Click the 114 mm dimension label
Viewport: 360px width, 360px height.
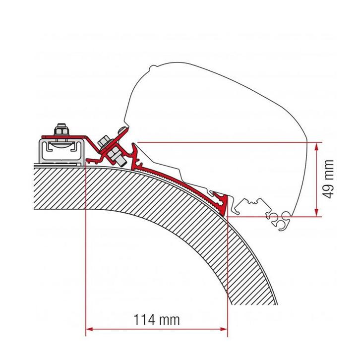(x=157, y=320)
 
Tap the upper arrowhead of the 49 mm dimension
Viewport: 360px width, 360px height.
(x=315, y=144)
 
